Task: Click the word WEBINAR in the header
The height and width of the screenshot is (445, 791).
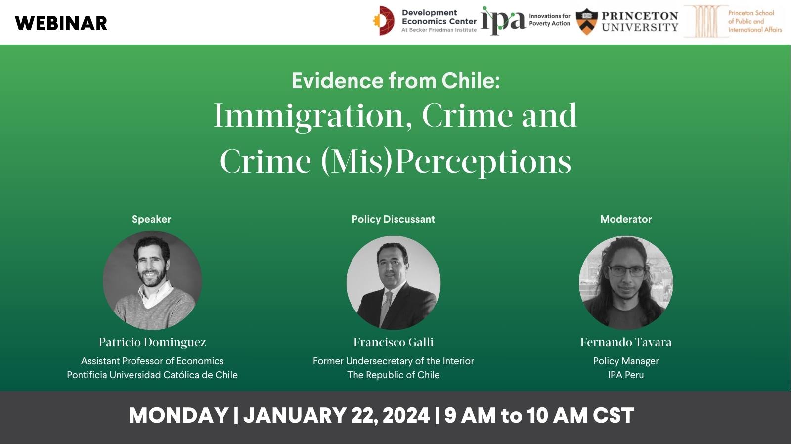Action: pos(61,23)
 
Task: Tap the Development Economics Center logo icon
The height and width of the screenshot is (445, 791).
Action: pos(384,21)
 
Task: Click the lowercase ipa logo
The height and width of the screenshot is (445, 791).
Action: pos(502,21)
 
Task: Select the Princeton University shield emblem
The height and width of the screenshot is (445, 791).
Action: pos(587,21)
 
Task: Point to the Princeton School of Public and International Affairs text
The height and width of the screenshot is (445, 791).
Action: pos(754,21)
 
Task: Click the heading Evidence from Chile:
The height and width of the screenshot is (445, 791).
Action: pos(395,81)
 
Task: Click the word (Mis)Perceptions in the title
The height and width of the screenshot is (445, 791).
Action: pos(446,162)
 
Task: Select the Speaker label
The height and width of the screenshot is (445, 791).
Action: pos(151,219)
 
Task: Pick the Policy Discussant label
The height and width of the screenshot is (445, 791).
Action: pos(393,219)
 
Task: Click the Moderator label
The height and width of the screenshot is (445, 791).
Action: pos(626,219)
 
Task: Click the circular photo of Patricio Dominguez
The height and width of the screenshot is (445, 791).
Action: pos(152,280)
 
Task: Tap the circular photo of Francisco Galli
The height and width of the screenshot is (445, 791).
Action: pos(393,283)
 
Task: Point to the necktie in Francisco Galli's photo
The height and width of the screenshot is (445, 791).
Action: pos(386,307)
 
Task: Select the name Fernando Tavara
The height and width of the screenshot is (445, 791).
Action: pos(626,342)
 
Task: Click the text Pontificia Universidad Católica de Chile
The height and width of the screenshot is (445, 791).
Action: pos(152,375)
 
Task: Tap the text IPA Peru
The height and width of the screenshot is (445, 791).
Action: pos(626,375)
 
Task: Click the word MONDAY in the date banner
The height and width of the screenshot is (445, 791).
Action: pos(178,415)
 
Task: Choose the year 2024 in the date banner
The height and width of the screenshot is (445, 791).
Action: pos(406,415)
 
